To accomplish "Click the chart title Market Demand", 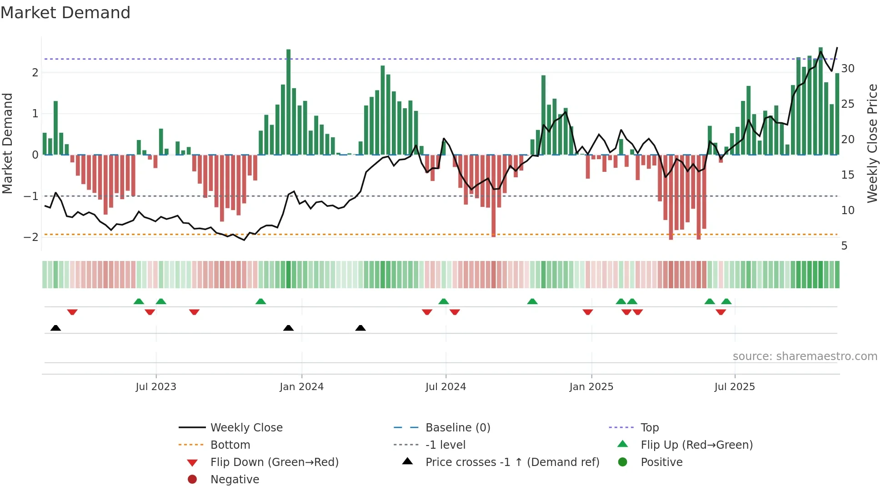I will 65,13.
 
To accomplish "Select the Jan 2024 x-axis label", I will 301,387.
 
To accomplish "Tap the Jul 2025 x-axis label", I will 734,387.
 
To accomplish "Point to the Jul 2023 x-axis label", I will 156,387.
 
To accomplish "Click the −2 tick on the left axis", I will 31,237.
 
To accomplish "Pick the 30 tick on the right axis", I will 847,69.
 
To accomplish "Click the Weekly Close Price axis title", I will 872,143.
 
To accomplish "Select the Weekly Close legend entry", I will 246,428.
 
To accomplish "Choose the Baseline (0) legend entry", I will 457,428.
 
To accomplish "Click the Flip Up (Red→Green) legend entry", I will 696,445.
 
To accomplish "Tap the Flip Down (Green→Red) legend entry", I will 274,462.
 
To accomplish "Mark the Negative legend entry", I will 235,480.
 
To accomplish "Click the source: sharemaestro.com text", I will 805,356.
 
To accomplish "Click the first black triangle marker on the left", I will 55,328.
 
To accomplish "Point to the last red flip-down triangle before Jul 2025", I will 721,312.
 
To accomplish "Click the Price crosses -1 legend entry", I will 512,462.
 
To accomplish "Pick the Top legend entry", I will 649,428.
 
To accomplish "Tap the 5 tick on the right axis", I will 844,246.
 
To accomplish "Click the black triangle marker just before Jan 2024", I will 288,328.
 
